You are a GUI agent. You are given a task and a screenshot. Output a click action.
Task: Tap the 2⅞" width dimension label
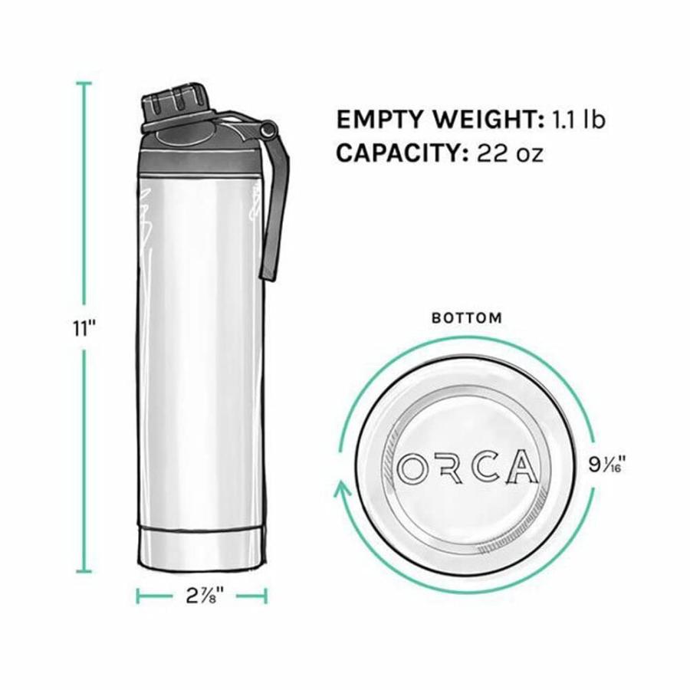click(x=202, y=595)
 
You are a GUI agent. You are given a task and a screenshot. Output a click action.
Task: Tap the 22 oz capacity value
click(x=510, y=153)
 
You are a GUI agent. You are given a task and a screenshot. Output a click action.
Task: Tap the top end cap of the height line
click(x=84, y=82)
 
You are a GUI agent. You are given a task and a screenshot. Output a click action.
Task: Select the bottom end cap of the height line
click(x=84, y=572)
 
